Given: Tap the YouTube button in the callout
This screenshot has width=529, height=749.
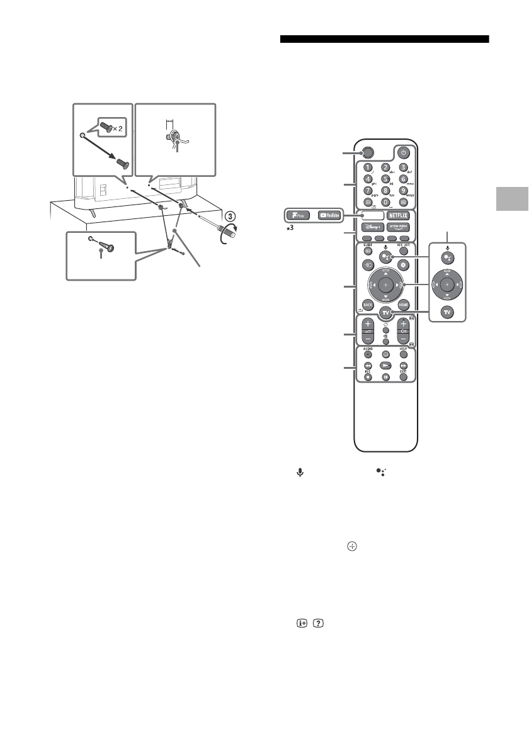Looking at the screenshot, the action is pyautogui.click(x=331, y=215).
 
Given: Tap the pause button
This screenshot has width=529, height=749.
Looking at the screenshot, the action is pyautogui.click(x=385, y=377).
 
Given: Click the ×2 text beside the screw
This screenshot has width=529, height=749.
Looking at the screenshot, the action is pyautogui.click(x=119, y=128).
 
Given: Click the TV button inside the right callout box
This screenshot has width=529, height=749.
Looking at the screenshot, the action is pyautogui.click(x=447, y=312).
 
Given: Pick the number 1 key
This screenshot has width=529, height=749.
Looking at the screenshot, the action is pyautogui.click(x=367, y=167).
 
